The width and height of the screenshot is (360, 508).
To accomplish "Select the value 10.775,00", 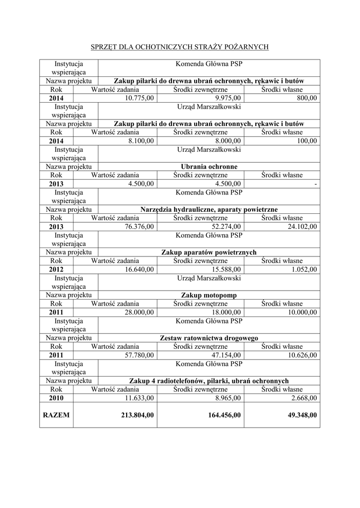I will pyautogui.click(x=138, y=98).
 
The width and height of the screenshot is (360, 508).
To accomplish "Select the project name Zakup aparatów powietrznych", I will pyautogui.click(x=209, y=252).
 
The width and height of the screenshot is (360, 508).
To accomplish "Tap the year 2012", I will pyautogui.click(x=56, y=269).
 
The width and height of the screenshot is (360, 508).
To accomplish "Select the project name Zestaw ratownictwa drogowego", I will pyautogui.click(x=209, y=338).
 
